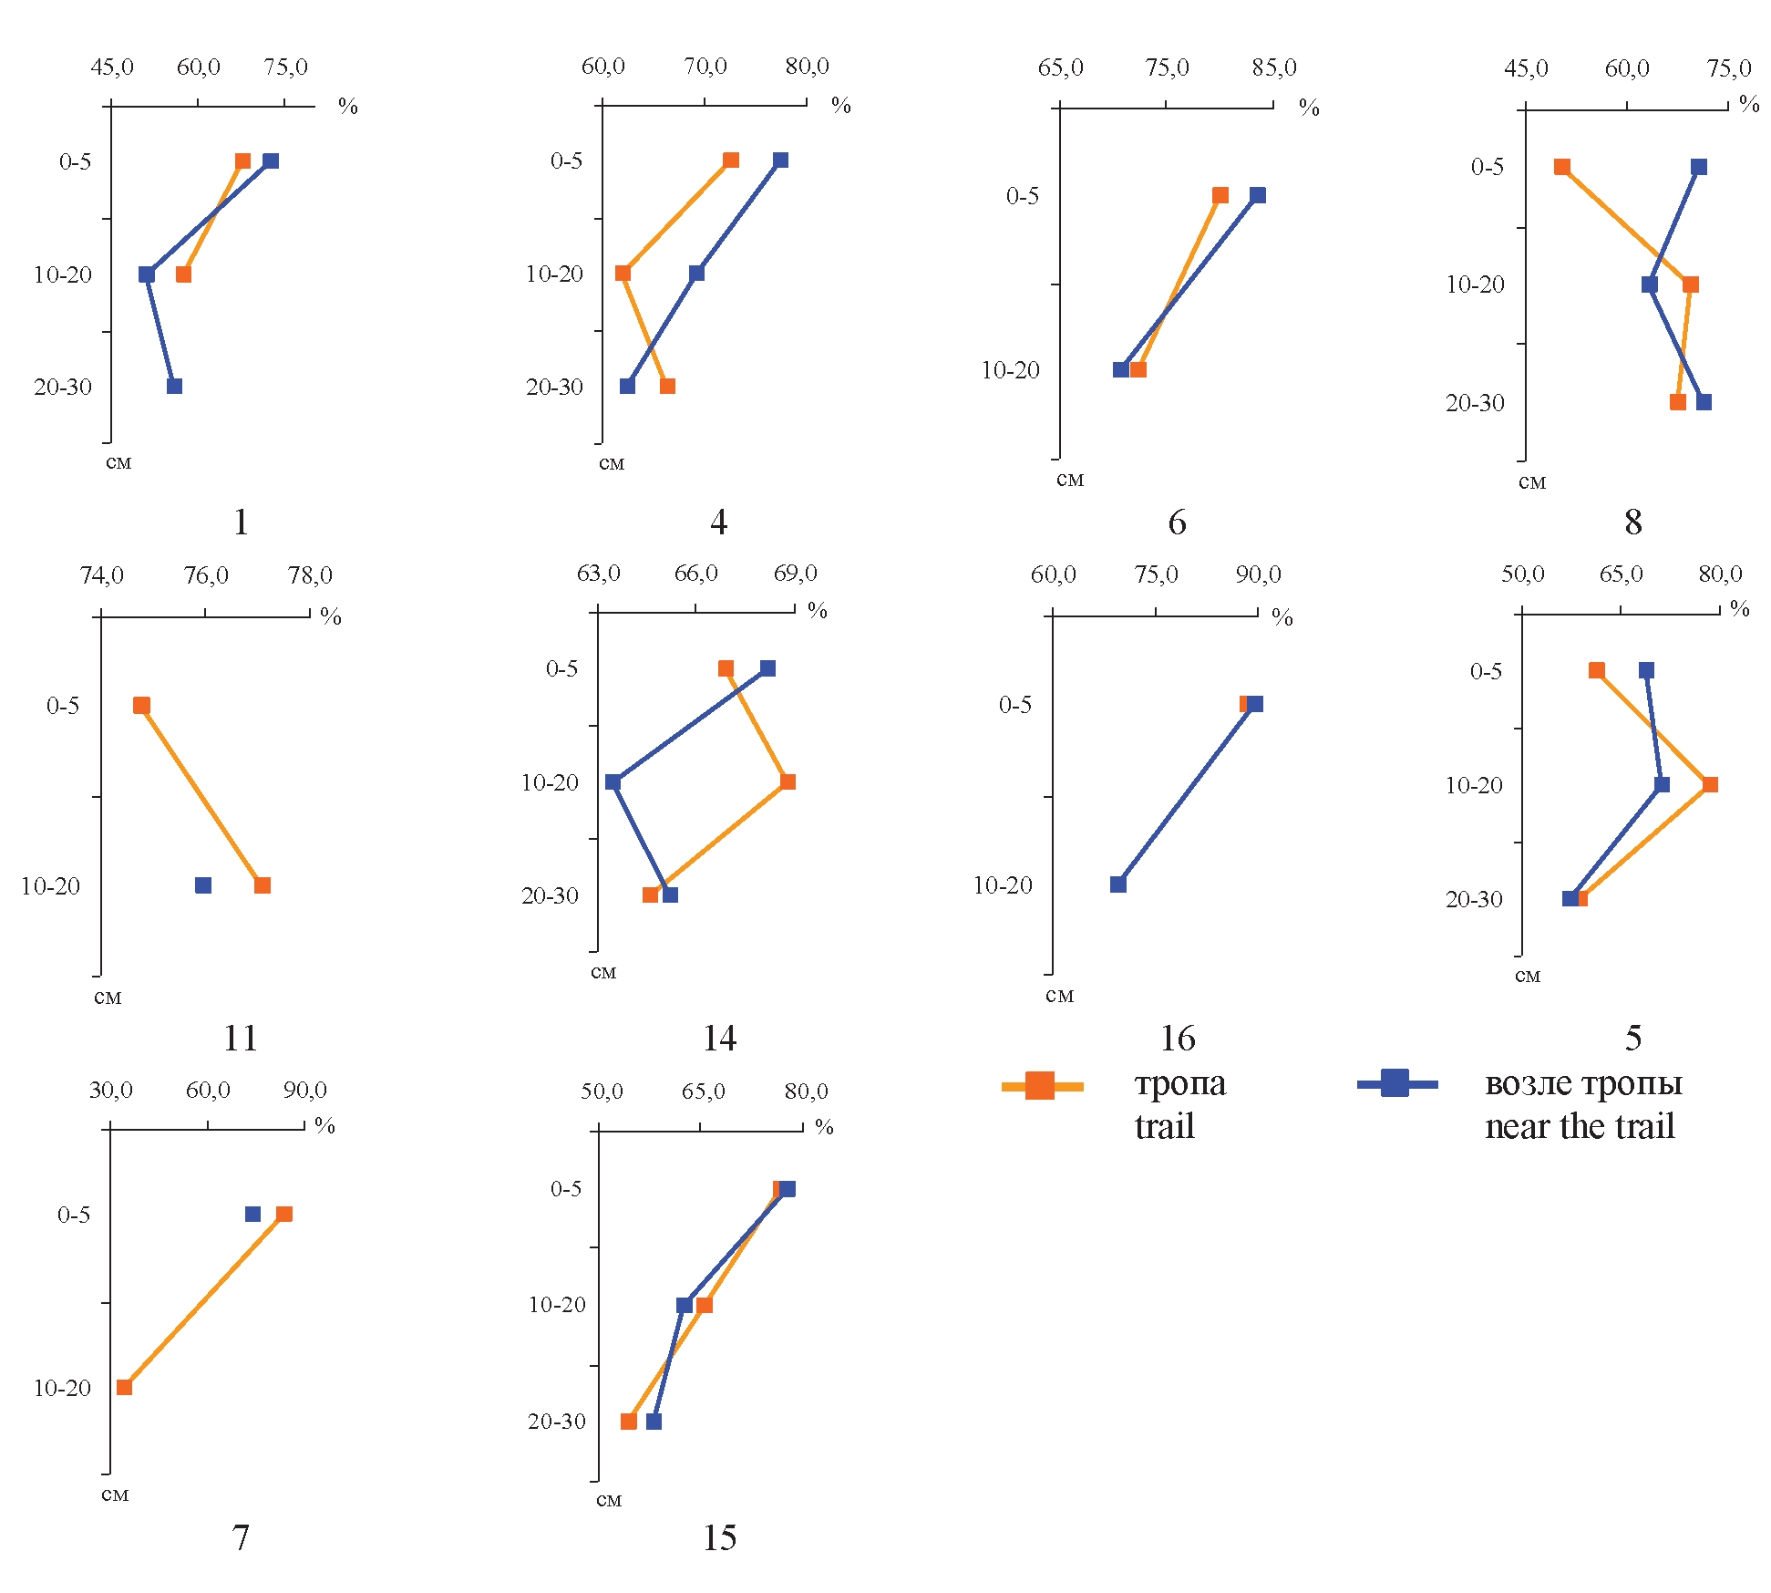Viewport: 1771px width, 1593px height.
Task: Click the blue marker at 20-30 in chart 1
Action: pos(174,386)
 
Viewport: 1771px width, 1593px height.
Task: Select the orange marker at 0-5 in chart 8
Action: pos(1562,167)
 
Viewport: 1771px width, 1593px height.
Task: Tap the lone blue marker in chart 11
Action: pos(203,885)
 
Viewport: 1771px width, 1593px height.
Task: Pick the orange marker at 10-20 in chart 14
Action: pos(788,781)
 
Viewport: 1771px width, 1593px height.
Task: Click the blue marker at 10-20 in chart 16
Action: pos(1118,884)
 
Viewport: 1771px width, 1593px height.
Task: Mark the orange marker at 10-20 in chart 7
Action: pos(125,1387)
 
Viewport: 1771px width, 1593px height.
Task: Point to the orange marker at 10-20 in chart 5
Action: pos(1710,784)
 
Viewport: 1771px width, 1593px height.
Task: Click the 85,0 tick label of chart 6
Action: pos(1273,67)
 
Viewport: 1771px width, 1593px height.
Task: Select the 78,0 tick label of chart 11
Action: pos(310,575)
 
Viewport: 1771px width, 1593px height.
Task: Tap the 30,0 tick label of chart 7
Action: pos(110,1090)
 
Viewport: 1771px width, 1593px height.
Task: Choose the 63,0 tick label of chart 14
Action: pos(598,574)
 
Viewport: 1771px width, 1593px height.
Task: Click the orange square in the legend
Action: pos(1040,1085)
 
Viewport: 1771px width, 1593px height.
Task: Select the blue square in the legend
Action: pos(1395,1083)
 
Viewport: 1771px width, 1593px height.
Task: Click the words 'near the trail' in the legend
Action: pos(1580,1127)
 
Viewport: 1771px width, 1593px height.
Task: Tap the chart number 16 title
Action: pos(1177,1038)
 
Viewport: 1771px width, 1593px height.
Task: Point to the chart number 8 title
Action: pos(1632,522)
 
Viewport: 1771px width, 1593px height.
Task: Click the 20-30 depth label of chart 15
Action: pos(556,1422)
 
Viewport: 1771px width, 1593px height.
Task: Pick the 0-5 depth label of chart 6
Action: pos(1022,196)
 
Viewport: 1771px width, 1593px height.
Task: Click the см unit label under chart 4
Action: pos(611,463)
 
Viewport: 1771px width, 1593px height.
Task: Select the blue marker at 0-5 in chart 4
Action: pos(780,160)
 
